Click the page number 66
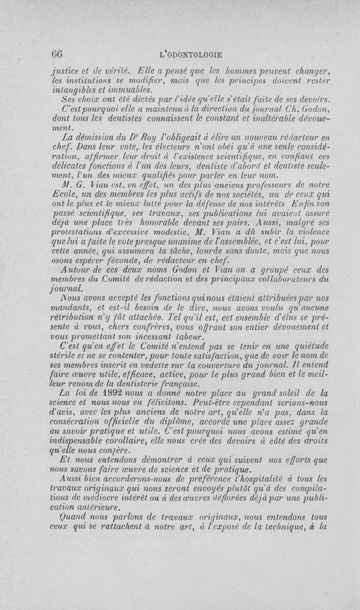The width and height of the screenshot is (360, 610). point(56,55)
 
